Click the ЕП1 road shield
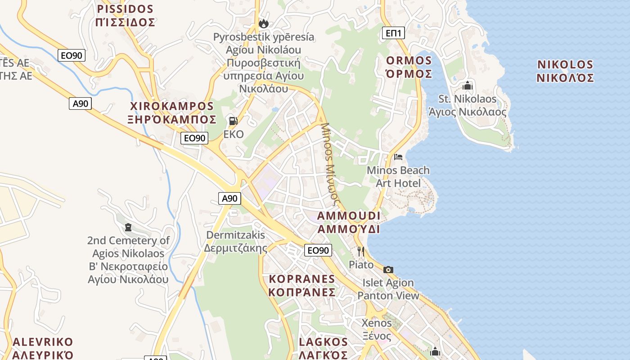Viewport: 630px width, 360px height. click(394, 33)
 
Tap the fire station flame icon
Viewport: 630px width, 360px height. click(263, 23)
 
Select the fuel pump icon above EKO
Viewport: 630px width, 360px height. click(233, 121)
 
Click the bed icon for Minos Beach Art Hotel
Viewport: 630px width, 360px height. click(398, 157)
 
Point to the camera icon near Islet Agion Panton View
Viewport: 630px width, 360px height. click(388, 270)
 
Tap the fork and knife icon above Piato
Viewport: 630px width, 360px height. click(360, 251)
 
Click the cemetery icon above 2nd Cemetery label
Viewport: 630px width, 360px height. click(128, 227)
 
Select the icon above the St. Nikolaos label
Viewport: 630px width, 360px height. click(468, 85)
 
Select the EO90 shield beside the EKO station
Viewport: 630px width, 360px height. click(194, 138)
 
